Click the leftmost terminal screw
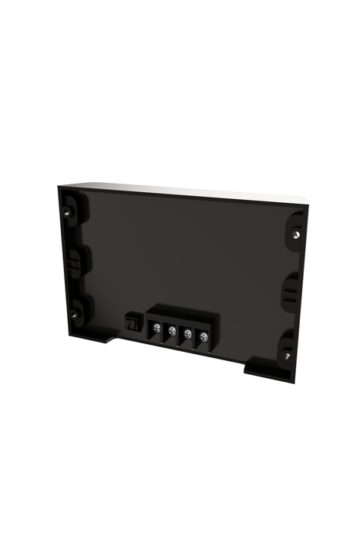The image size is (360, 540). tap(156, 329)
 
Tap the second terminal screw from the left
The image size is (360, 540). tap(172, 332)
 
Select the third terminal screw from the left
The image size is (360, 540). tap(187, 334)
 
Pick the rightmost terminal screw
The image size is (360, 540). tap(203, 336)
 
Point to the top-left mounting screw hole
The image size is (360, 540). tap(71, 208)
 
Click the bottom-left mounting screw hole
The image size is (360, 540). tap(75, 314)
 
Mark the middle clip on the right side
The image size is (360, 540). tap(291, 289)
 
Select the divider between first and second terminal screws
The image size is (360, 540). tap(164, 332)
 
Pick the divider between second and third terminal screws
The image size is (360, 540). tap(180, 335)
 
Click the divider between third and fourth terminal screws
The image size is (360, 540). tap(195, 337)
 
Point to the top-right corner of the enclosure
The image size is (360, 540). tap(308, 205)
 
